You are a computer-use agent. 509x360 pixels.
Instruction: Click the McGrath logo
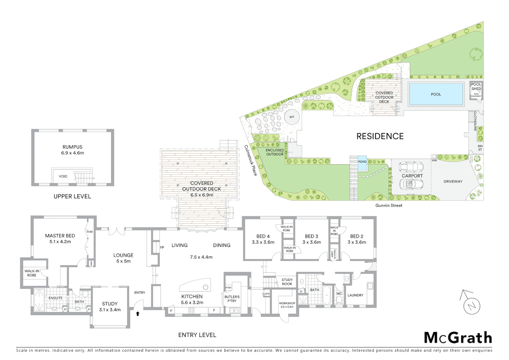point(458,338)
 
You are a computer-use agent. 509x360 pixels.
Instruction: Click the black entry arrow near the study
point(138,313)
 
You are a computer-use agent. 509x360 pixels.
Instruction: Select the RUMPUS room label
point(72,147)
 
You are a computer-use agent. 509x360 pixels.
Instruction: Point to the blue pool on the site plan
point(436,94)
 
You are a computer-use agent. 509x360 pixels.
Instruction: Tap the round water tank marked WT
point(292,117)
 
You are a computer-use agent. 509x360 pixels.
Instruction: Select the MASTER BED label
point(60,236)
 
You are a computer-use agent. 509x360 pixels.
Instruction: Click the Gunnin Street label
point(389,206)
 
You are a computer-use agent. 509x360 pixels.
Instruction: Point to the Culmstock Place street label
point(251,160)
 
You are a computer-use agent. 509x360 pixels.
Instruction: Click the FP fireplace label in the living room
point(162,248)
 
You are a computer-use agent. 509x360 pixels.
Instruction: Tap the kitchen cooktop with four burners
point(192,310)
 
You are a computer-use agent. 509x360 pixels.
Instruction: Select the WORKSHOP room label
point(287,303)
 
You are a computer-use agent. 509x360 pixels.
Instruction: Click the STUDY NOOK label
point(287,282)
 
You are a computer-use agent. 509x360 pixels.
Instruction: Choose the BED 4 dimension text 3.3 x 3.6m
point(263,242)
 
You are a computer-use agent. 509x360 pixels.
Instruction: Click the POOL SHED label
point(476,87)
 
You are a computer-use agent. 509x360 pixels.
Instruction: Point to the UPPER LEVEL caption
point(72,197)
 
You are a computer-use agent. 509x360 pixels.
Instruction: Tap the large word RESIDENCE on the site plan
point(380,136)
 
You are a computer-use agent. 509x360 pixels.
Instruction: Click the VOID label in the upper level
point(63,176)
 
